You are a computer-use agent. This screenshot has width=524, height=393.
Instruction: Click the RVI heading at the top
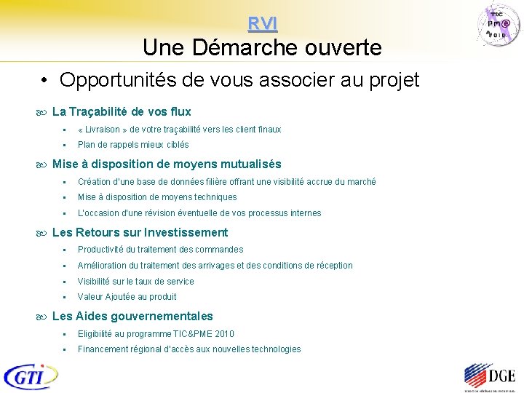click(262, 24)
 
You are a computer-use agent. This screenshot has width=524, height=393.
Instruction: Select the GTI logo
click(31, 376)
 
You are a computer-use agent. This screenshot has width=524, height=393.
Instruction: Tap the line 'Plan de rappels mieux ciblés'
click(133, 145)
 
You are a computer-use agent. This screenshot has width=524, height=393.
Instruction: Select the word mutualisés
click(245, 164)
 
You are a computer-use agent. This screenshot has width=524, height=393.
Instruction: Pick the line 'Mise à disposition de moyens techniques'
click(157, 197)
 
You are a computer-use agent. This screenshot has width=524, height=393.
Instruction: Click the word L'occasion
click(98, 213)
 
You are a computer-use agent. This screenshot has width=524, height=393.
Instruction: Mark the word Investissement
click(186, 233)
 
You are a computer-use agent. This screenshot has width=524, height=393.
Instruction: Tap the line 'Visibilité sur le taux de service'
click(136, 282)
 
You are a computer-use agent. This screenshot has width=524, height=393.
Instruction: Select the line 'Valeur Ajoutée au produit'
click(127, 297)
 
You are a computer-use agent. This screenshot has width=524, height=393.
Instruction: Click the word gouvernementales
click(169, 317)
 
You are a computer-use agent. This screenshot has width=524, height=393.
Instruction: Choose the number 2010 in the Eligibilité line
click(225, 334)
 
